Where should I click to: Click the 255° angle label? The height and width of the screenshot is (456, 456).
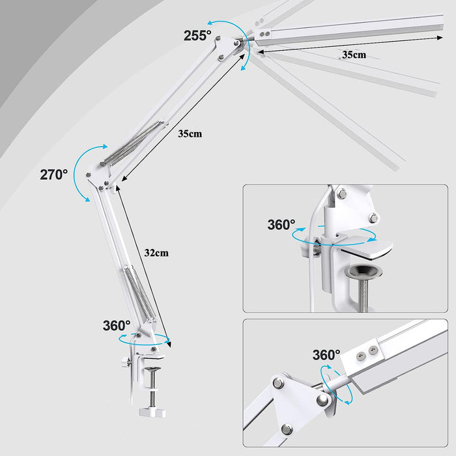coord(197,35)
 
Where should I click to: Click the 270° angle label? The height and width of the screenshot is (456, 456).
coord(54,175)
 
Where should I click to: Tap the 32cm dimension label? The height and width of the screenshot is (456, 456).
coord(156,253)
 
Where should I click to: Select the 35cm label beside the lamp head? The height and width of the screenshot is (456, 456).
coord(354,54)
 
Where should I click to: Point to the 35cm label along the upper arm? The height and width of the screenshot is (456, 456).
coord(190,134)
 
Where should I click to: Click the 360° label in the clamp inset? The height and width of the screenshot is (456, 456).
coord(281,225)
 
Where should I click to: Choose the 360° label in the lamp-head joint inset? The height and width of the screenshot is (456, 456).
coord(326,355)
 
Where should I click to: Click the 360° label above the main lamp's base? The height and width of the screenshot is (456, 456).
coord(117,326)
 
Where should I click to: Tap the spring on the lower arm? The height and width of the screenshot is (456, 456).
coord(140,294)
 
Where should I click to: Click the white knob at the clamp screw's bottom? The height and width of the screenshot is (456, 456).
coord(152,412)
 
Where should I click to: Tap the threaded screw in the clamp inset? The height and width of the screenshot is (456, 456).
coord(362,294)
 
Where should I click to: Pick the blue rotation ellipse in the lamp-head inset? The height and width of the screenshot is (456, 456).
coord(336,385)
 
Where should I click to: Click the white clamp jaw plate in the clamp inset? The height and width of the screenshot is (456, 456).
coord(367,247)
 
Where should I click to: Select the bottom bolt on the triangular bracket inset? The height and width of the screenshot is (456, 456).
coord(287,429)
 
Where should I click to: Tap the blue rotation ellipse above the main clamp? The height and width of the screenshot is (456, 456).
coord(145,339)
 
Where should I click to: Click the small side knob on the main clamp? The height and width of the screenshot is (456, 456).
coord(126,362)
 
